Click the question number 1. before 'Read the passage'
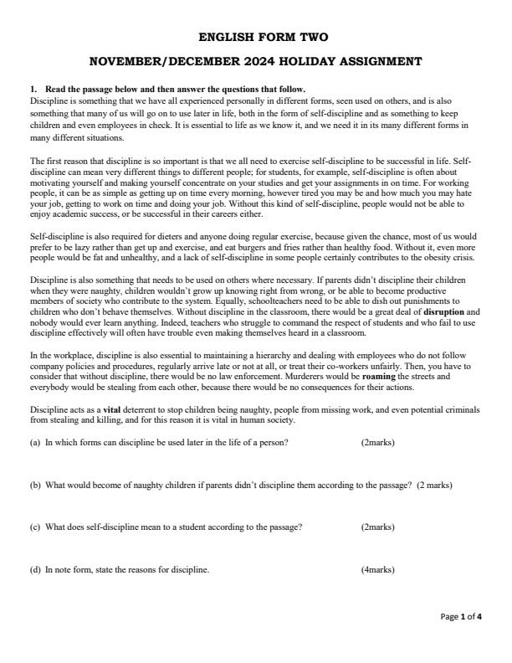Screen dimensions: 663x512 33,90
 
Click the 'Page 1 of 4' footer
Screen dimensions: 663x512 462,617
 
